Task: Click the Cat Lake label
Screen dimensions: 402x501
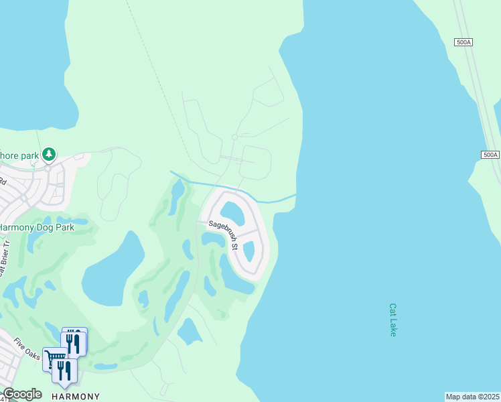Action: [x=393, y=320]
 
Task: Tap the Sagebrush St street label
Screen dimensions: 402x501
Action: [x=224, y=234]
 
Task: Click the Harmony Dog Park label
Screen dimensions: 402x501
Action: [x=36, y=227]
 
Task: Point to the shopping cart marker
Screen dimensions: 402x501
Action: [x=53, y=358]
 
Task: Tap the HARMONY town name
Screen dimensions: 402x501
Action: [x=76, y=396]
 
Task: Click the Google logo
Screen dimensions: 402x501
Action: [x=22, y=394]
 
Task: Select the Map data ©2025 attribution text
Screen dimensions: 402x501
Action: [x=473, y=397]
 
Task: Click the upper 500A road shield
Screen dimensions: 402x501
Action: [x=463, y=42]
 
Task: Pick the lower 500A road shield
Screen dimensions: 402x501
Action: [x=490, y=155]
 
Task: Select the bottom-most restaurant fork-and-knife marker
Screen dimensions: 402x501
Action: [x=64, y=371]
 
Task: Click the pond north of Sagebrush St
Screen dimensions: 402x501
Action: [x=232, y=214]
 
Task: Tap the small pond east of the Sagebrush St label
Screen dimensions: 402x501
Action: [x=248, y=251]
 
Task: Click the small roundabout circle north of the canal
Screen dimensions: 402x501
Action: [x=234, y=137]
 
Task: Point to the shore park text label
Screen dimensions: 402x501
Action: [x=19, y=155]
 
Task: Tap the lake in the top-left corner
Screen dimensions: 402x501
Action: [x=30, y=60]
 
